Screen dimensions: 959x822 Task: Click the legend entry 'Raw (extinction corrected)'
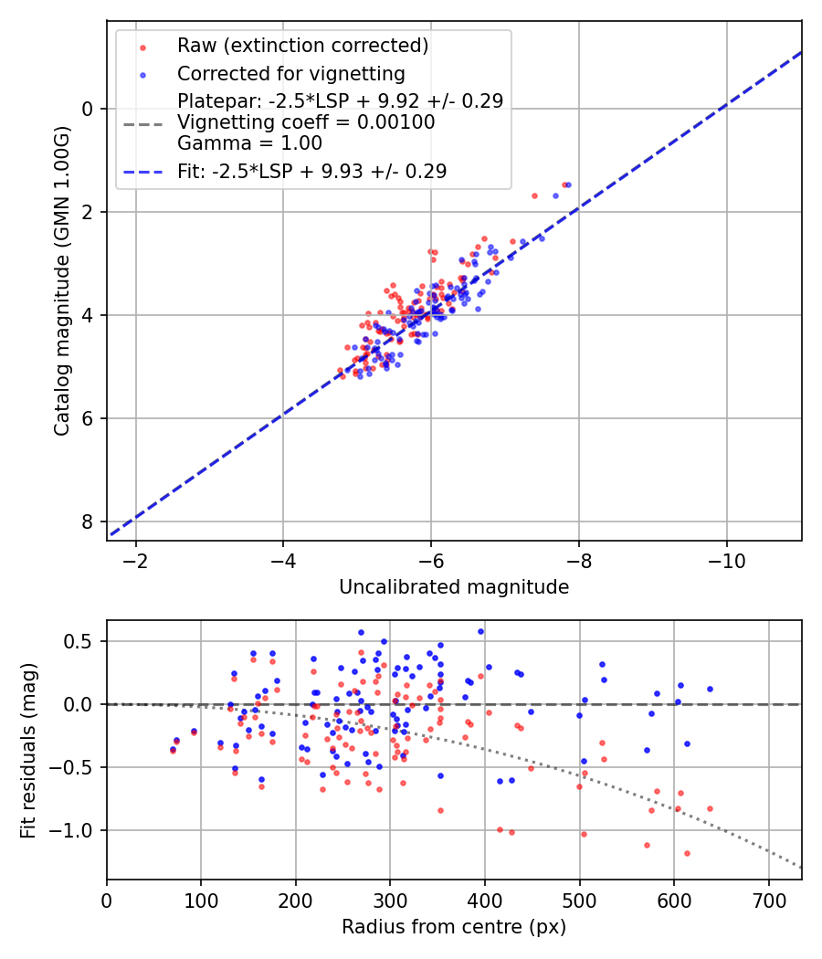coord(302,46)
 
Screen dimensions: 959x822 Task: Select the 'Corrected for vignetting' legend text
coord(290,73)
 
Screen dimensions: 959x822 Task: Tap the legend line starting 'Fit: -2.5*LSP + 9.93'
coord(311,171)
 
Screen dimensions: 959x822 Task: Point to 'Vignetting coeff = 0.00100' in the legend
coord(306,122)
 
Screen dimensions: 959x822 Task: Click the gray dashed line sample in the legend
coord(142,122)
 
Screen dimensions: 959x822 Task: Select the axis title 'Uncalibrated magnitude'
coord(454,587)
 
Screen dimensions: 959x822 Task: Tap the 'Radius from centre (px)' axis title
coord(454,927)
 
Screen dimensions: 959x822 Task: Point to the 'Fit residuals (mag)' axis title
coord(28,750)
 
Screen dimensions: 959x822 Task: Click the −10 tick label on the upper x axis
coord(726,558)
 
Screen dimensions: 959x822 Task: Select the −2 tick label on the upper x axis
coord(136,558)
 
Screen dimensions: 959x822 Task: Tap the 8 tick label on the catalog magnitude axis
coord(88,522)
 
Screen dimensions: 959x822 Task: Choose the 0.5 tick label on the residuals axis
coord(82,641)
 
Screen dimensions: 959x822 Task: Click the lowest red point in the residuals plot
coord(687,853)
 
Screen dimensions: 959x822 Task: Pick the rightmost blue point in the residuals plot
coord(710,689)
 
